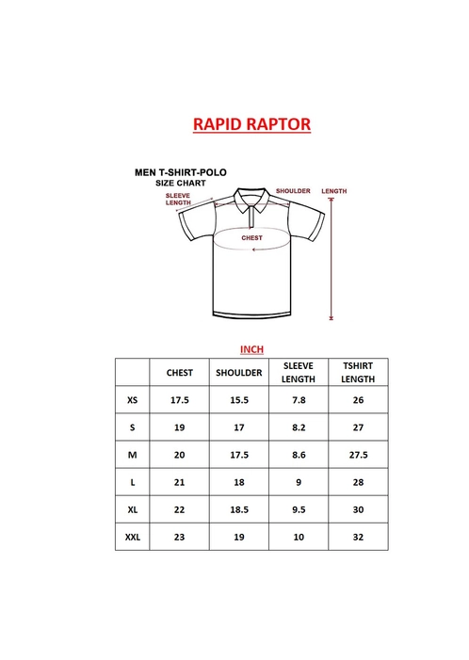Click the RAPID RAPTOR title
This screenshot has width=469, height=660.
[x=251, y=124]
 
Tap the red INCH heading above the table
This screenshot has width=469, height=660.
[x=251, y=349]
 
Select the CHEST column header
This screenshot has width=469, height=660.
[x=179, y=373]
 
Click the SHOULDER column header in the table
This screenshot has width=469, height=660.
[x=238, y=373]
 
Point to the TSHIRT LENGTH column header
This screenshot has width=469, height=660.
[x=358, y=372]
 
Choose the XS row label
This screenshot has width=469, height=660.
[x=132, y=400]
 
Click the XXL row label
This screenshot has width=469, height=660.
[x=132, y=537]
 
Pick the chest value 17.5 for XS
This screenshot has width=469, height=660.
[x=179, y=400]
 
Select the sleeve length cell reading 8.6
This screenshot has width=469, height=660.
[x=299, y=455]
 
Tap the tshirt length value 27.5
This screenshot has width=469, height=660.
[x=358, y=455]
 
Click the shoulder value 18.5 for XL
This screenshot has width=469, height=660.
[x=239, y=509]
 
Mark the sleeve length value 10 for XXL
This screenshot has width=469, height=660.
[x=299, y=537]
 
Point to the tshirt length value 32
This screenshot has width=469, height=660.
[x=358, y=537]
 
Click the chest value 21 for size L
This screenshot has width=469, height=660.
[x=179, y=482]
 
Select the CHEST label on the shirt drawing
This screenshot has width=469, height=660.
[x=251, y=238]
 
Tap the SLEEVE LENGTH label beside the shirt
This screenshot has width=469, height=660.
[x=178, y=199]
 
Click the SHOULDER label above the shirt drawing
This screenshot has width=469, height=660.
[x=293, y=191]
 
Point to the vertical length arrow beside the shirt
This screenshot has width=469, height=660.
[x=332, y=259]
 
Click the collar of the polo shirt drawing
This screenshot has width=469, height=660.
[x=251, y=199]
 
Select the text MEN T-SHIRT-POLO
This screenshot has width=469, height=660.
[x=181, y=172]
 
